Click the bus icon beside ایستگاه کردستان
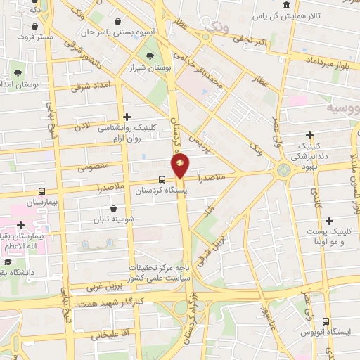coord(162,179)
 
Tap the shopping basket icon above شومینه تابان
coord(113,208)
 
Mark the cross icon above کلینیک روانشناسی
coord(127,116)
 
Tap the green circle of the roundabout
coord(283,169)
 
